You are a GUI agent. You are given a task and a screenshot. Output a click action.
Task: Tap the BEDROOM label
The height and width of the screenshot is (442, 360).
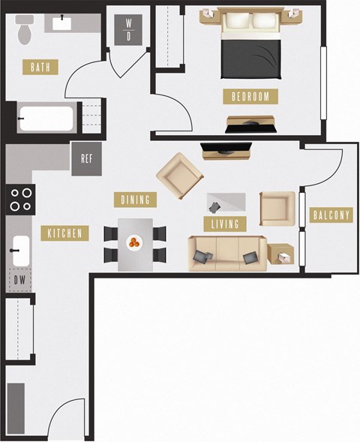pyautogui.click(x=250, y=96)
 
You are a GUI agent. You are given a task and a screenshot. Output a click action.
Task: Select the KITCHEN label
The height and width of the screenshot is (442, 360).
pyautogui.click(x=65, y=233)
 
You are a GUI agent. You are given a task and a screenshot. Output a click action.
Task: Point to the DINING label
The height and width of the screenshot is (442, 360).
pyautogui.click(x=136, y=200)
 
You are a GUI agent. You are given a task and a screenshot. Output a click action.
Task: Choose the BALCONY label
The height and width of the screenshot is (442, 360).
pyautogui.click(x=330, y=215)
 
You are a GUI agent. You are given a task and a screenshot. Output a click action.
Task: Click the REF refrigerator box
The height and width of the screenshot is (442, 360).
pyautogui.click(x=87, y=159)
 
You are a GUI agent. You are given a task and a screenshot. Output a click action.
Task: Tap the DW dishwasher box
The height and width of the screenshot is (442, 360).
pyautogui.click(x=20, y=280)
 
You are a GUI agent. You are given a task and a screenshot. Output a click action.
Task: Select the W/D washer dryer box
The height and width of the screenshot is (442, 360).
pyautogui.click(x=129, y=29)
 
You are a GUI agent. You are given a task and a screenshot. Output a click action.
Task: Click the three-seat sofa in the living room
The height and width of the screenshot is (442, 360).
pyautogui.click(x=226, y=254)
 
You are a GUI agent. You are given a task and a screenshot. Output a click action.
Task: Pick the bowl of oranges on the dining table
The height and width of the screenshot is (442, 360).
pyautogui.click(x=135, y=242)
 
